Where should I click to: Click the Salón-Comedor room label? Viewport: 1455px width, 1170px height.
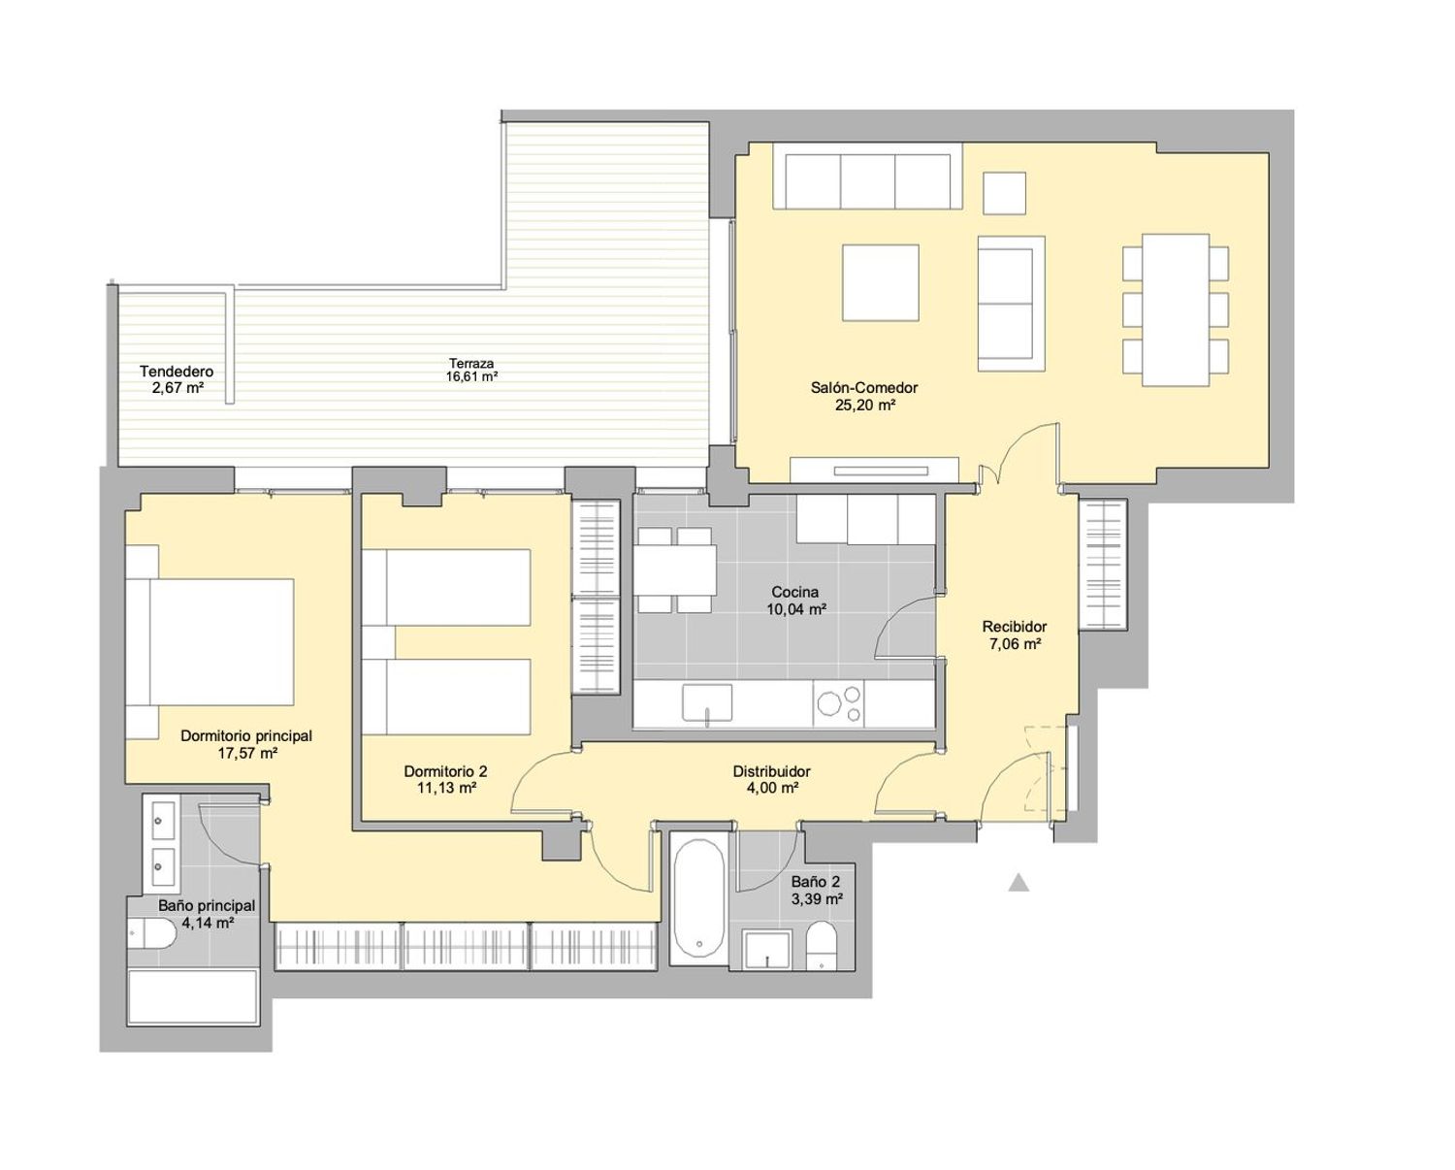pos(863,388)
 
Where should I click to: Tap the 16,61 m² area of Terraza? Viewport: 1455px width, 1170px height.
pos(471,377)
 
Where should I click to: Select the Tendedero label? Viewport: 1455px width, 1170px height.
pos(177,372)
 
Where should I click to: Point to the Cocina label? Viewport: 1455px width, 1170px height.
pos(795,593)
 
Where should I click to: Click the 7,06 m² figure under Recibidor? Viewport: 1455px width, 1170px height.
pos(1015,644)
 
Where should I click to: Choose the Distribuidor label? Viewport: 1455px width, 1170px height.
pos(771,771)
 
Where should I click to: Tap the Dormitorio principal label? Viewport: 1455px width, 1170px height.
pos(246,735)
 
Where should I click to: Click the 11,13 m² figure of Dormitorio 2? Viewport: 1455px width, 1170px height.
pos(446,788)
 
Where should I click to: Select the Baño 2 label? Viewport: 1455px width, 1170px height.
pos(816,882)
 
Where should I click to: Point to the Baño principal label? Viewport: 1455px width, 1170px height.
pos(207,905)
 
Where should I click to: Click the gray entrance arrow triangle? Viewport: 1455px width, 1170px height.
pos(1018,883)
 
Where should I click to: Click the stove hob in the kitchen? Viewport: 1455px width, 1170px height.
pos(838,704)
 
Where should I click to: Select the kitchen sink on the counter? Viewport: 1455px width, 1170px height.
pos(707,702)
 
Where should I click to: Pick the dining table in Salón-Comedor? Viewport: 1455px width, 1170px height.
pos(1176,309)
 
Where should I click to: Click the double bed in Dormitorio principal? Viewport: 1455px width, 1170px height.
pos(210,641)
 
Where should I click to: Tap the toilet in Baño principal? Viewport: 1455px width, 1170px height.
pos(153,933)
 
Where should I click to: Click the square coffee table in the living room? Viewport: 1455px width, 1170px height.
pos(881,282)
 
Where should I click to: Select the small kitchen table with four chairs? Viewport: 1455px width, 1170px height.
pos(675,569)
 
